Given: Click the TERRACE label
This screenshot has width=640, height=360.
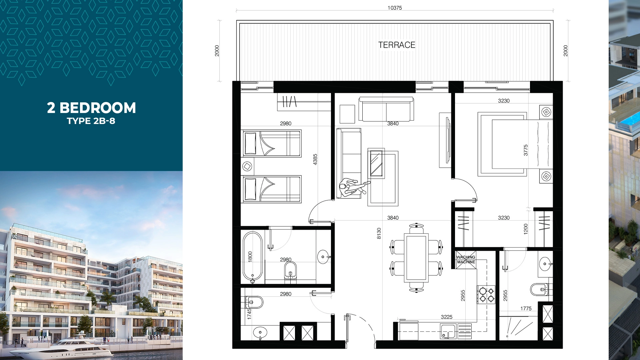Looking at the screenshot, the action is pos(397,45).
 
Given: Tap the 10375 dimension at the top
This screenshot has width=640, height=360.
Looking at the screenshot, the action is pos(395,8).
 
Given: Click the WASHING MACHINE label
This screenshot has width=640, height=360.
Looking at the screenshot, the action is pos(466,260).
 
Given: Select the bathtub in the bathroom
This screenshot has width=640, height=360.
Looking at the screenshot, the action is pos(253,257).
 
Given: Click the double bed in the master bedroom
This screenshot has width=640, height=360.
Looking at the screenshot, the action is pos(515,144).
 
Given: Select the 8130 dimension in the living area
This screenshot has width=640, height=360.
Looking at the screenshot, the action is pos(379,233).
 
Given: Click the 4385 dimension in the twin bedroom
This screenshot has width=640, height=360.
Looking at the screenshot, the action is pos(315,159).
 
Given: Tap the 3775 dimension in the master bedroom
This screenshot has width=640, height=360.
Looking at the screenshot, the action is pos(526,150).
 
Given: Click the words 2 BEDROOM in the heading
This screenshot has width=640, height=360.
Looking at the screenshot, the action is pos(91,108).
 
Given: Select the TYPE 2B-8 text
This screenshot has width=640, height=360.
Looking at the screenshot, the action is pos(91,121).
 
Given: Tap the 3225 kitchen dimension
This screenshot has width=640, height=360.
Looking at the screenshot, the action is pos(447,317).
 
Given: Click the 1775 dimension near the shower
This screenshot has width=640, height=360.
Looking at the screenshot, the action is pos(526,309).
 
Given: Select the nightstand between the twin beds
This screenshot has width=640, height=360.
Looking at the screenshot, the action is pos(247,166).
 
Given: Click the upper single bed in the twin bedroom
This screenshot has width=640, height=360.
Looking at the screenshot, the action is pos(272,143).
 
